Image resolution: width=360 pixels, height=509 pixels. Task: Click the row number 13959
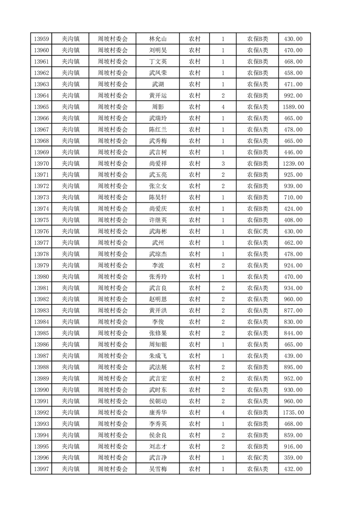41,39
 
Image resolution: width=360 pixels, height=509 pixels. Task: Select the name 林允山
158,39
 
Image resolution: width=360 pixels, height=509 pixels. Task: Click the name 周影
158,107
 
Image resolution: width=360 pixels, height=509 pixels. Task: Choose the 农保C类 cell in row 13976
257,231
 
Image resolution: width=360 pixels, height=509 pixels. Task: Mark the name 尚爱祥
158,163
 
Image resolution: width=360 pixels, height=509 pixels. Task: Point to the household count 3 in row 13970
223,163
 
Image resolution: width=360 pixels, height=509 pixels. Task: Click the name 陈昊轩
158,197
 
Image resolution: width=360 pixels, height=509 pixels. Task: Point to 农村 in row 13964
195,96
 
